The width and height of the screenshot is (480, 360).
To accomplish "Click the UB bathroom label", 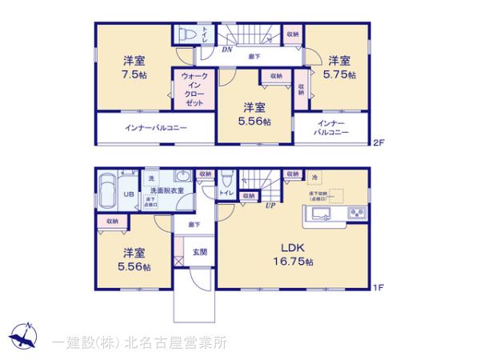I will coord(126,195).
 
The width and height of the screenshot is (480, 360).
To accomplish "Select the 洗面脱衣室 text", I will coord(167,190).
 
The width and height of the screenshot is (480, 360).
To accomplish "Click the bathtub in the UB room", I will coord(106,193).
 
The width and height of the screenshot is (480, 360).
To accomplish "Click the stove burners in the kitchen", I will coord(356,214).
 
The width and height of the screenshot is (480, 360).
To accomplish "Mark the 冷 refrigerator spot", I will coord(314,177).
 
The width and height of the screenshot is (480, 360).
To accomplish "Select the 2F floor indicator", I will coord(378,144).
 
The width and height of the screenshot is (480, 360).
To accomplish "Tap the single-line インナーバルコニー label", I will coord(155,127).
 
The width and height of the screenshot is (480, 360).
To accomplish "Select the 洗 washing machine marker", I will coord(151,177).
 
